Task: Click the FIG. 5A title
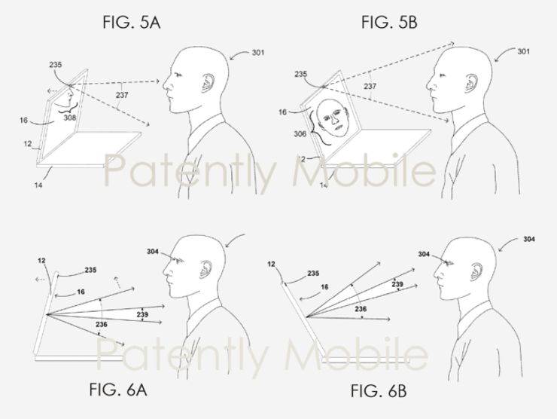click(x=132, y=23)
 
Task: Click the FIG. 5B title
click(x=389, y=23)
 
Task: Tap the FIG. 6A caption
click(x=118, y=390)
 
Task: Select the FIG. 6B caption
click(x=379, y=391)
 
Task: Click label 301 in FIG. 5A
click(x=258, y=53)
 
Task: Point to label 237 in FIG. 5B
click(x=370, y=86)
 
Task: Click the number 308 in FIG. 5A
click(x=69, y=118)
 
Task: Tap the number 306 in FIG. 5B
click(x=300, y=133)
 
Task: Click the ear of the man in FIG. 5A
click(x=208, y=84)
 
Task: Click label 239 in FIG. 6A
click(x=142, y=314)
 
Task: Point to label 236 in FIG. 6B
click(x=361, y=309)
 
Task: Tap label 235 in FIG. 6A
click(x=90, y=270)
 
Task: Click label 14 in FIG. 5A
click(x=38, y=185)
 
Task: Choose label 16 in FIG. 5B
click(x=282, y=112)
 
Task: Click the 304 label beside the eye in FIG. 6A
click(x=152, y=252)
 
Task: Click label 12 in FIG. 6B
click(x=272, y=265)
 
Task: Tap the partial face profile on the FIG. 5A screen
click(x=65, y=96)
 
